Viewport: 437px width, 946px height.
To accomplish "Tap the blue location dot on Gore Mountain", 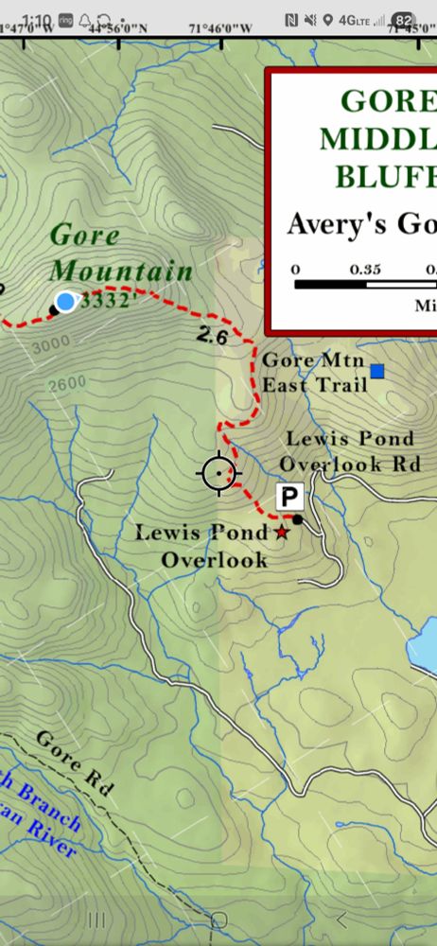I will (65, 302).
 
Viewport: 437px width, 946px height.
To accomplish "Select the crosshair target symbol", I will (220, 472).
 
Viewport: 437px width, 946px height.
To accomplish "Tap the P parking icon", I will (289, 496).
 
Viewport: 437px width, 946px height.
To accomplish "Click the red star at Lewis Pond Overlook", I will (281, 533).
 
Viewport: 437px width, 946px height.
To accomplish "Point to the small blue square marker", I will (377, 372).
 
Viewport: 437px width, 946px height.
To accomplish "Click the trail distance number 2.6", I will (214, 334).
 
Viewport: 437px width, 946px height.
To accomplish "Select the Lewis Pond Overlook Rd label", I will (347, 451).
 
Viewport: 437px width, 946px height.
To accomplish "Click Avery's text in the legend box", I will (328, 225).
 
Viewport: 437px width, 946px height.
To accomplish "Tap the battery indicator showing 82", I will (404, 20).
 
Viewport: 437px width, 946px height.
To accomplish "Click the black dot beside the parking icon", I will (298, 518).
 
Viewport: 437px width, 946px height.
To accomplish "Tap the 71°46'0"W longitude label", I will (220, 28).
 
